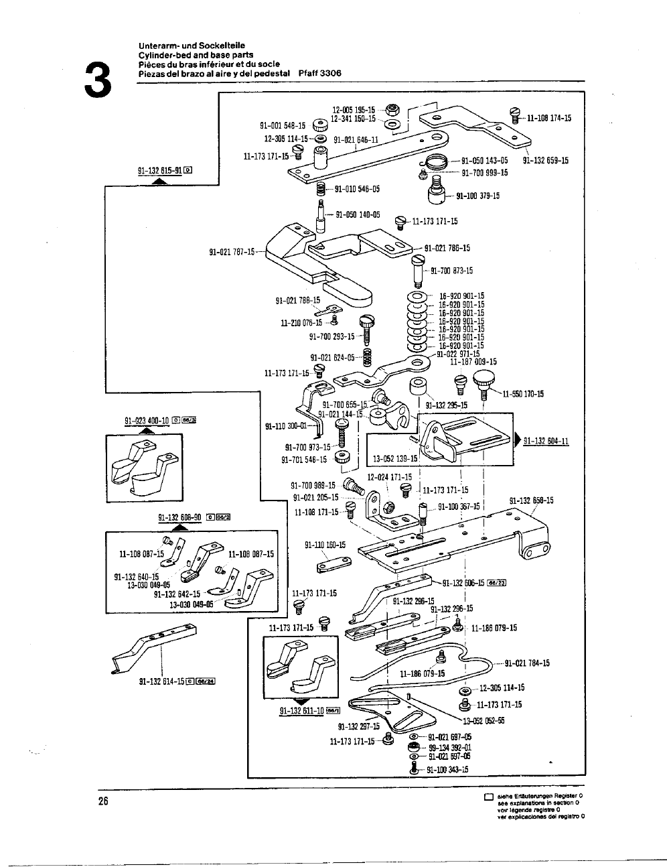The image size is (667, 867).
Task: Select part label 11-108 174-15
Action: click(548, 118)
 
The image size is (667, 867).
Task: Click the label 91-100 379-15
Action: click(477, 196)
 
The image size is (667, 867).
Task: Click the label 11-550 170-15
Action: click(522, 394)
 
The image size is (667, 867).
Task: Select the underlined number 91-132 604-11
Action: click(546, 440)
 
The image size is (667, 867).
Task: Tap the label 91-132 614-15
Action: click(161, 682)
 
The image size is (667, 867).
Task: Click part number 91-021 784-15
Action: click(526, 663)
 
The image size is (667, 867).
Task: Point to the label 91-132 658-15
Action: click(531, 500)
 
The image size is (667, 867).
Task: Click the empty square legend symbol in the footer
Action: click(488, 797)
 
